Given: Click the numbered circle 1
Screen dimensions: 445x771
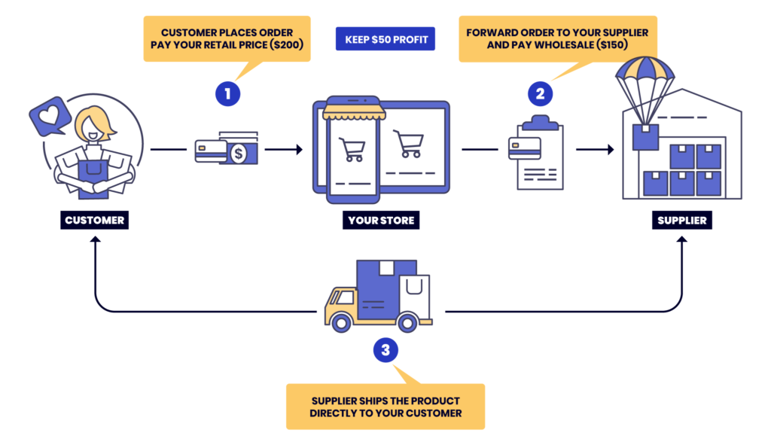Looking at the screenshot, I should pyautogui.click(x=227, y=94).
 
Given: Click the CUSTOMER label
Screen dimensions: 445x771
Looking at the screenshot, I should pyautogui.click(x=95, y=221).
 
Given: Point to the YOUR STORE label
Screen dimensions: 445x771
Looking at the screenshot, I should pyautogui.click(x=382, y=221).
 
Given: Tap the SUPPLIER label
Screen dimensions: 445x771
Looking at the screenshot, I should pyautogui.click(x=681, y=221).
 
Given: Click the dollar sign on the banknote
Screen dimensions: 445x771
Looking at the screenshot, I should pyautogui.click(x=239, y=154).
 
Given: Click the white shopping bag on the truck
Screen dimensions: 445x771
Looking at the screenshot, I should pyautogui.click(x=413, y=294).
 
